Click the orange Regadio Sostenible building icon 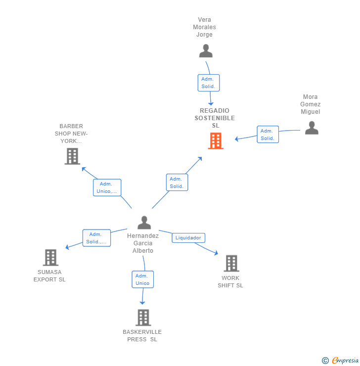pos(216,141)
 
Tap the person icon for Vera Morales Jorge pos(206,51)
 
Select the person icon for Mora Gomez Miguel pos(312,128)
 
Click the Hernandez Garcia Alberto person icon pos(144,223)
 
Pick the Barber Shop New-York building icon pos(72,156)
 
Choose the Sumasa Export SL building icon pos(50,258)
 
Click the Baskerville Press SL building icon pos(143,318)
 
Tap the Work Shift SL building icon pos(231,264)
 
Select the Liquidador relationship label pos(188,238)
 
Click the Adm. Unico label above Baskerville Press pos(142,279)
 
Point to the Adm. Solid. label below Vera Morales pos(208,83)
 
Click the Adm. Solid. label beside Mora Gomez pos(268,135)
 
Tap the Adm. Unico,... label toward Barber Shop pos(107,187)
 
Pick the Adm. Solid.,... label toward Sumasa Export pos(96,238)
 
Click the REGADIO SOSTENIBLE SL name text pos(215,118)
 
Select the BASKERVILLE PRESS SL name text pos(142,335)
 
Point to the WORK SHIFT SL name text pos(230,281)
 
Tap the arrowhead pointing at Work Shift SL pos(216,253)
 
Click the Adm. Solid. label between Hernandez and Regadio pos(177,183)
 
